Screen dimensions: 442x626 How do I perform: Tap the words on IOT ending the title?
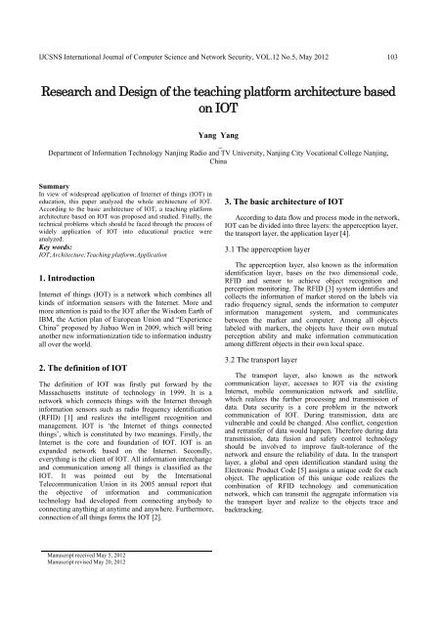[220, 110]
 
